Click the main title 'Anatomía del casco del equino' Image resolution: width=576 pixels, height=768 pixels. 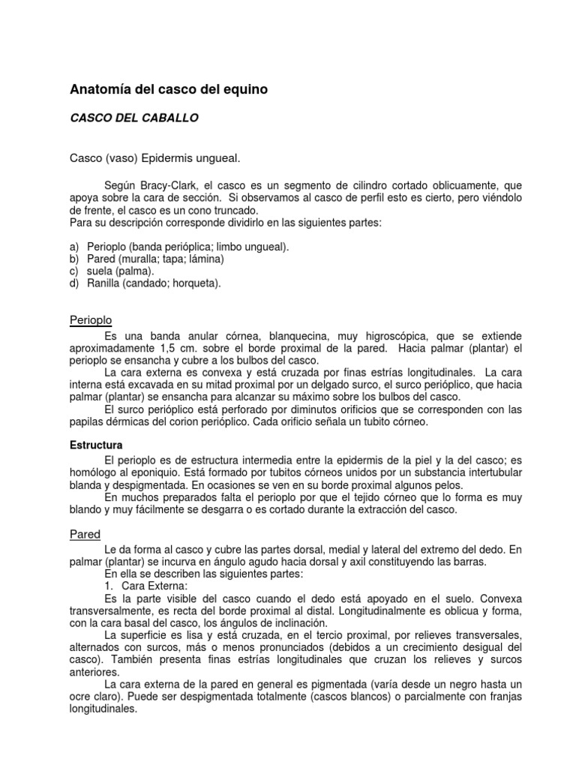168,89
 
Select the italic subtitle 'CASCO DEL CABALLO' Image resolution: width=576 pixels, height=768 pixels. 133,118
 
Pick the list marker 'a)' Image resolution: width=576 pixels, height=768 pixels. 73,247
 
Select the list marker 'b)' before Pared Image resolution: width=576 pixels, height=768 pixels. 73,259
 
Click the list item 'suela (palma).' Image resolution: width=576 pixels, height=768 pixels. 121,271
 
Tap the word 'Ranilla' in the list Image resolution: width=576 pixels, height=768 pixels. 104,283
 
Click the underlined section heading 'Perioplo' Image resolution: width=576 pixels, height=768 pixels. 90,320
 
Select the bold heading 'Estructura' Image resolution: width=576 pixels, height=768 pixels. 96,445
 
